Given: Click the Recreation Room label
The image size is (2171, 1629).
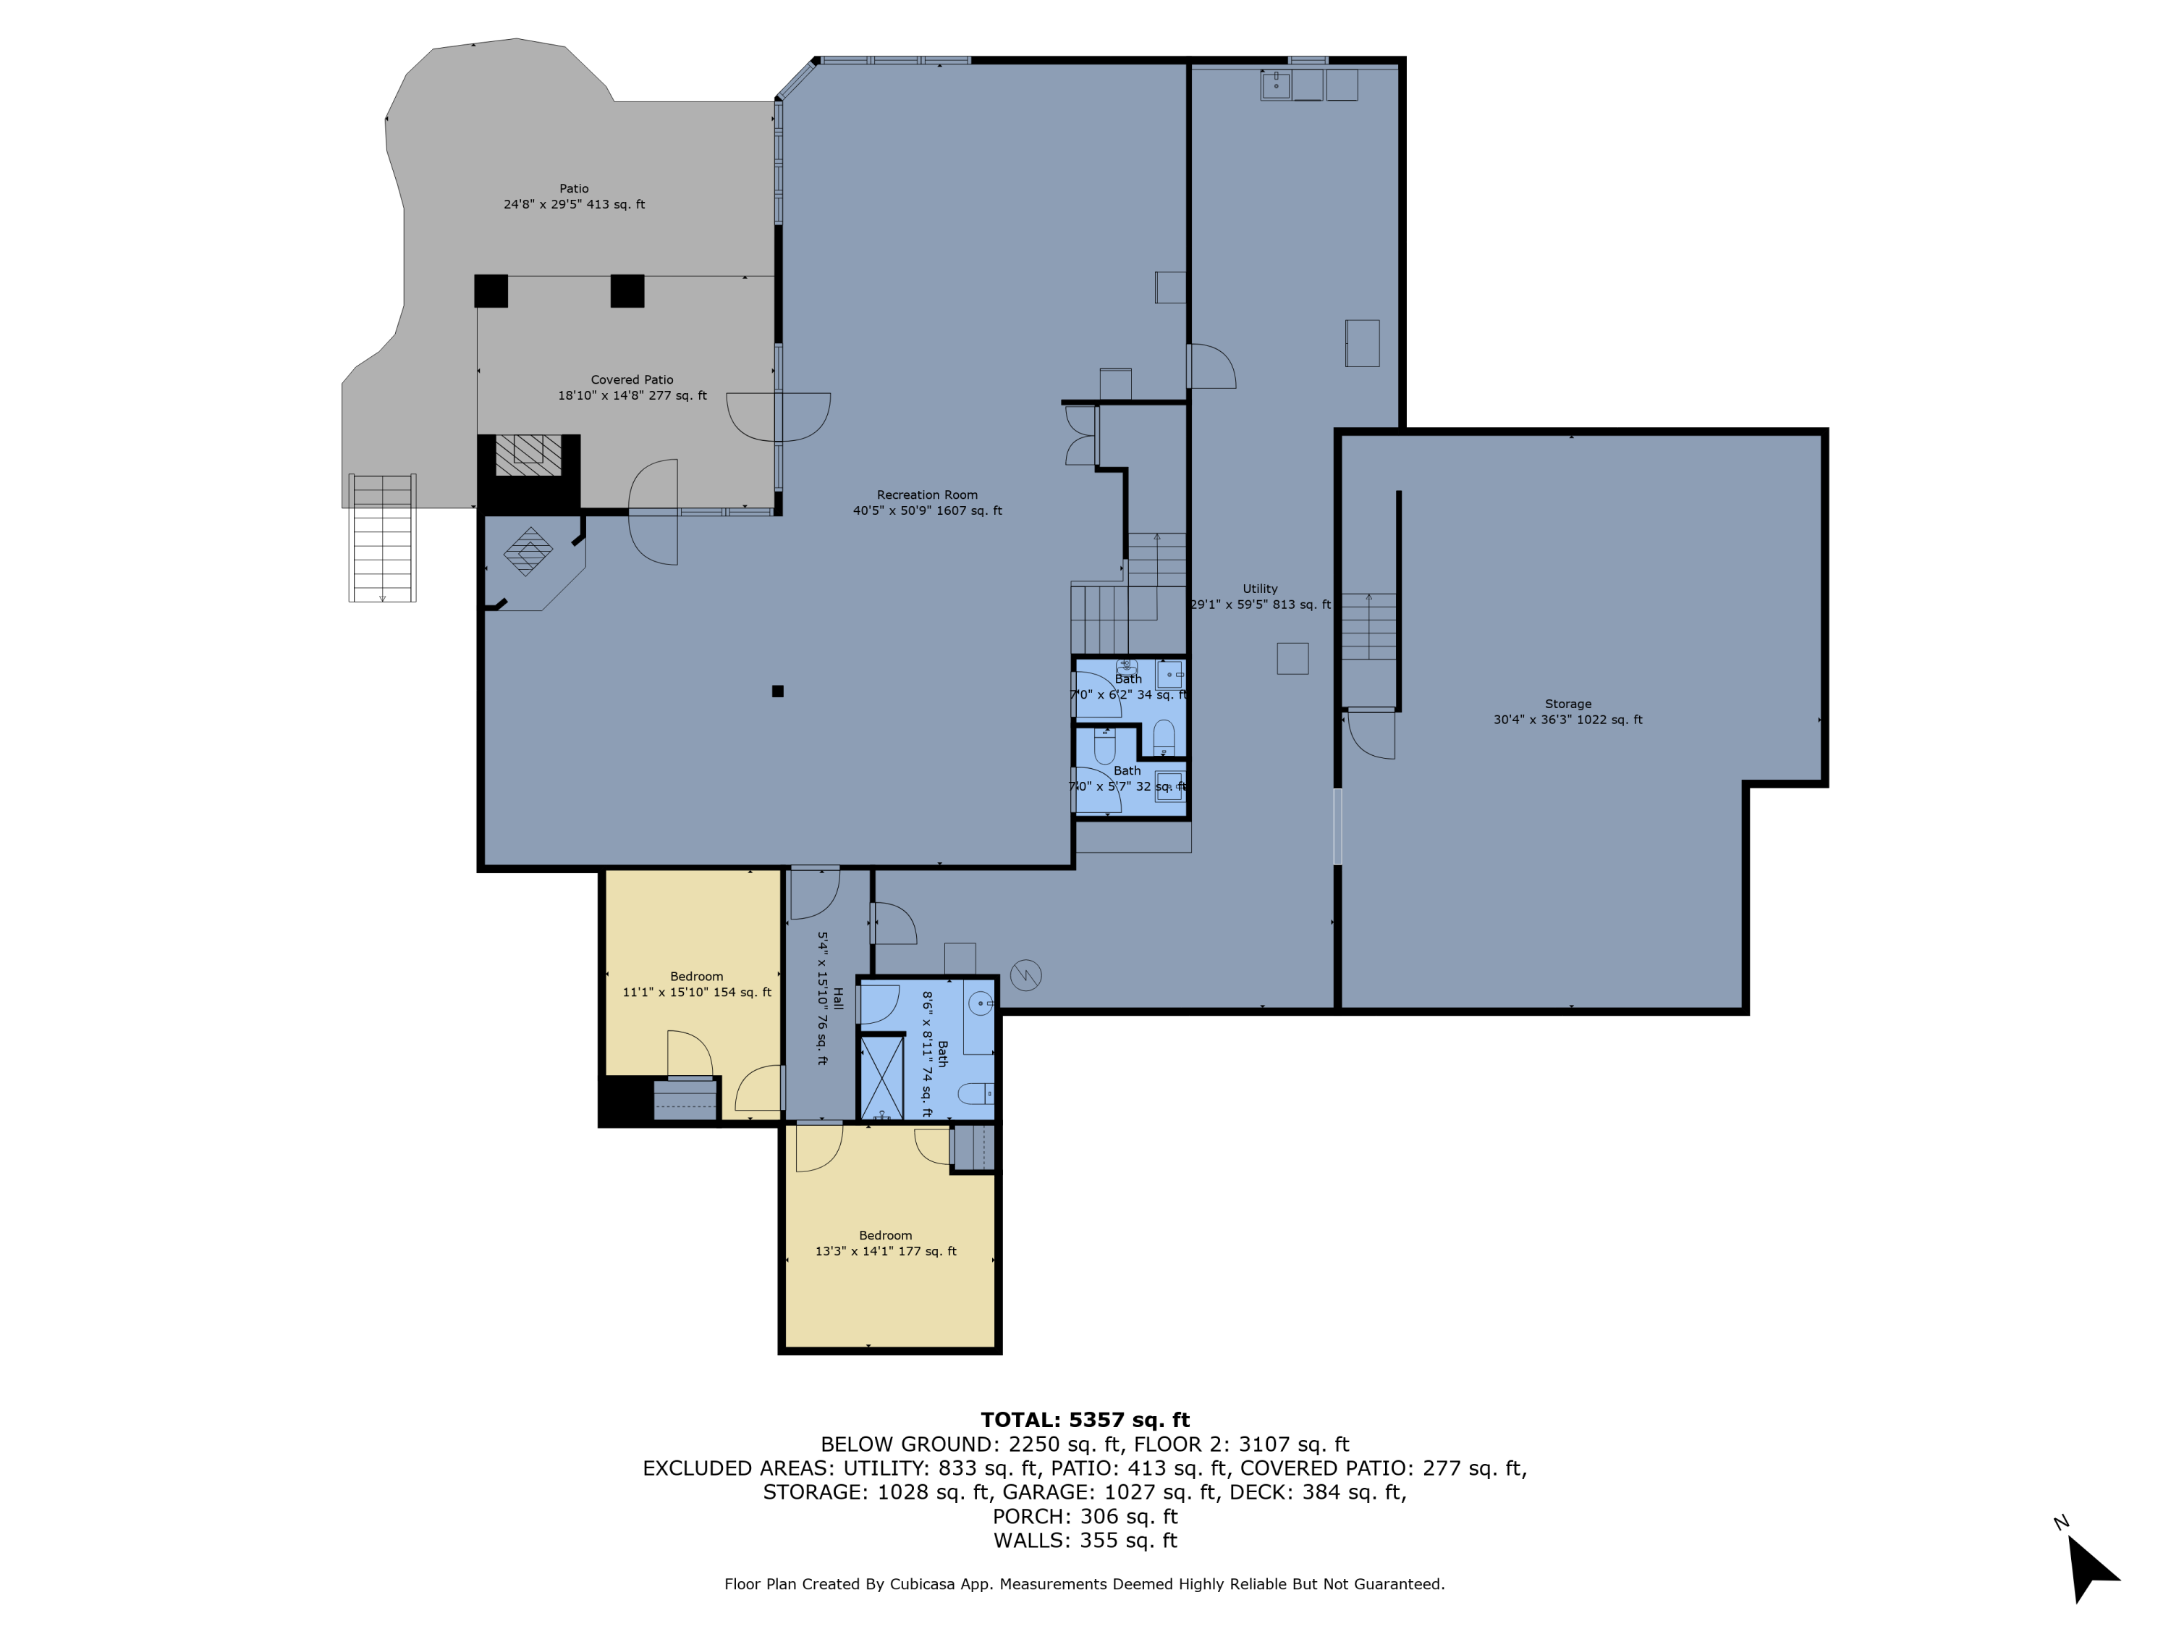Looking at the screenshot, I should click(x=926, y=495).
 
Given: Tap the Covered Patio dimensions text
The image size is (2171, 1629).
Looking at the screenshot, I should click(x=632, y=396).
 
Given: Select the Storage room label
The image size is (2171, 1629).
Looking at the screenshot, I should click(x=1567, y=704).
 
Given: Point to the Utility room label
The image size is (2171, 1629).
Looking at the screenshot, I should click(x=1259, y=589).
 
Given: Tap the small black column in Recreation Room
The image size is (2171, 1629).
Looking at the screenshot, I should click(x=777, y=691).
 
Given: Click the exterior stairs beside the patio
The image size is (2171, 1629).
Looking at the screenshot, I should click(x=382, y=538).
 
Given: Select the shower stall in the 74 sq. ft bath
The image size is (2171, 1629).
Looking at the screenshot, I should click(x=881, y=1077).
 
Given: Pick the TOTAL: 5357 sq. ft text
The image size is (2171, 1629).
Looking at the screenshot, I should click(x=1085, y=1420).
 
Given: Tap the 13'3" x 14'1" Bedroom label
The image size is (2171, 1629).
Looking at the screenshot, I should click(x=885, y=1235).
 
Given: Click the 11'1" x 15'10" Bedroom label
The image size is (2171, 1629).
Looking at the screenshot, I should click(x=696, y=976).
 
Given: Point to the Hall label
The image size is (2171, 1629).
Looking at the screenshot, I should click(x=837, y=998).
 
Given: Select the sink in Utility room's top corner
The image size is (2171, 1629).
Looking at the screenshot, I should click(x=1275, y=85).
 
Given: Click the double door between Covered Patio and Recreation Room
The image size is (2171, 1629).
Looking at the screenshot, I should click(x=778, y=417).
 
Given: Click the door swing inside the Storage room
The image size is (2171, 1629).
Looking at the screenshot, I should click(x=1371, y=734).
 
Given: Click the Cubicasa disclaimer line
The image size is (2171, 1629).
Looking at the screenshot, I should click(x=1085, y=1584).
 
